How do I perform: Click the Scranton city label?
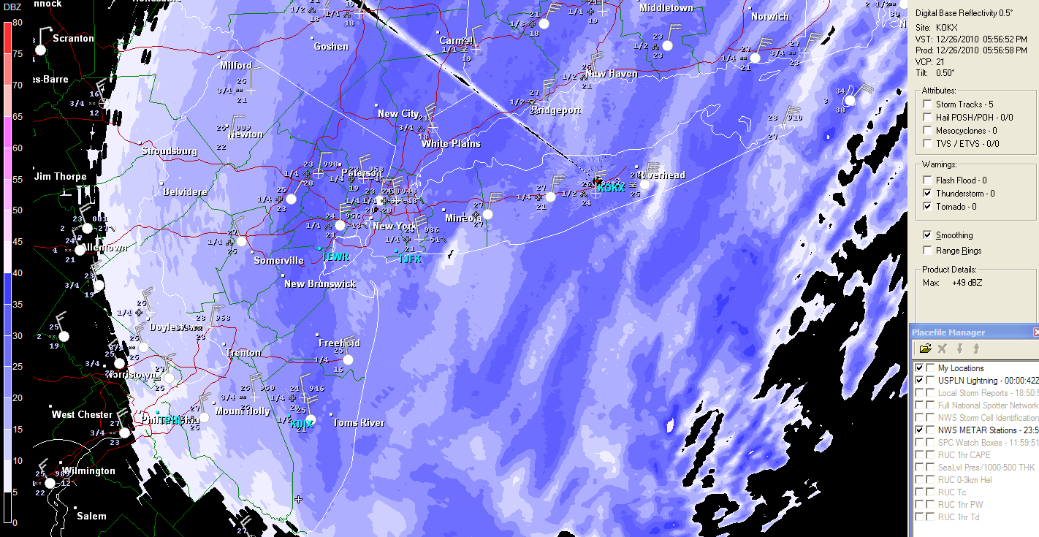coord(73,38)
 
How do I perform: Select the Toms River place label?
coord(358,423)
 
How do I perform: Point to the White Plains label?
coord(451,144)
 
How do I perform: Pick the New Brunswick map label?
coord(320,284)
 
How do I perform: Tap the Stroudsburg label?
coord(169,151)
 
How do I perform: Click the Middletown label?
coord(666,8)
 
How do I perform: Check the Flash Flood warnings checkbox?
coord(927,180)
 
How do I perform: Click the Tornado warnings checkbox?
coord(927,207)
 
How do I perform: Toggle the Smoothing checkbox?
coord(927,235)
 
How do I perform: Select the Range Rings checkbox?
coord(927,251)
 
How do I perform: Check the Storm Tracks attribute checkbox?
coord(927,104)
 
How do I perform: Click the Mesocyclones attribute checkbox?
coord(927,131)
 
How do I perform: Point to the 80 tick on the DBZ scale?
coord(18,23)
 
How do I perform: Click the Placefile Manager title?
coord(948,332)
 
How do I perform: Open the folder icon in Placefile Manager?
coord(925,349)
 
